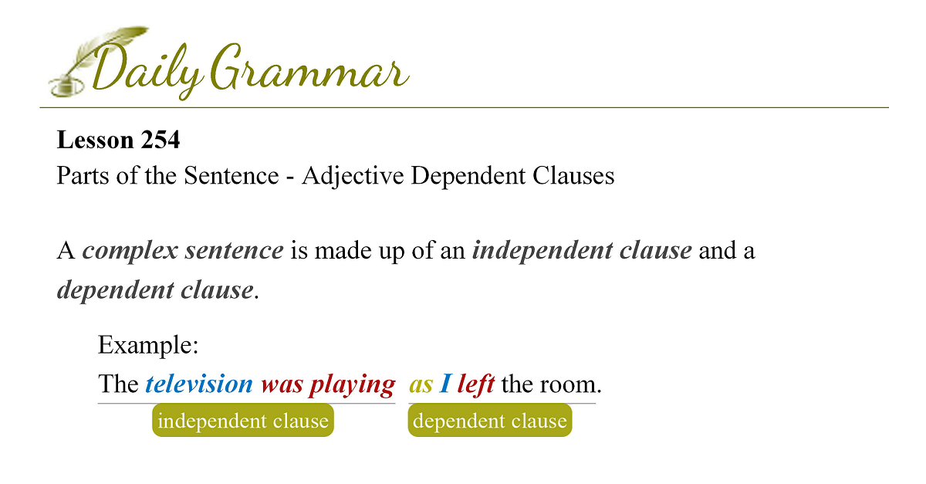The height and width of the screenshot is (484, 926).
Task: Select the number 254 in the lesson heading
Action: coord(160,140)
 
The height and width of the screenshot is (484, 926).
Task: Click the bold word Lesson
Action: coord(95,140)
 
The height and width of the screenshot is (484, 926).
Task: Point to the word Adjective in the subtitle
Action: coord(353,176)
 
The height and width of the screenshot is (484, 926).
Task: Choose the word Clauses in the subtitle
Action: coord(573,175)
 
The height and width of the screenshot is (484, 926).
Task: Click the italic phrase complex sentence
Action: coord(183,251)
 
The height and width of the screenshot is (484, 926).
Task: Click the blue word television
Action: coord(199,384)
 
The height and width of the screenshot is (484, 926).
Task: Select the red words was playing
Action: coord(328,384)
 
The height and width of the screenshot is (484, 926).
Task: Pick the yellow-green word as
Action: coord(421,385)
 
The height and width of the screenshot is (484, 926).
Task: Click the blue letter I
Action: coord(445,384)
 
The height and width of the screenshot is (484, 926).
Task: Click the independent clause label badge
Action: coord(243,420)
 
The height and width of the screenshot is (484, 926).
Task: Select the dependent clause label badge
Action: coord(490,420)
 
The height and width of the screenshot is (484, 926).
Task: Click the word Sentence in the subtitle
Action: coord(231,175)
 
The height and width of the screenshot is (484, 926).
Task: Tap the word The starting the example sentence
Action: coord(118,384)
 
